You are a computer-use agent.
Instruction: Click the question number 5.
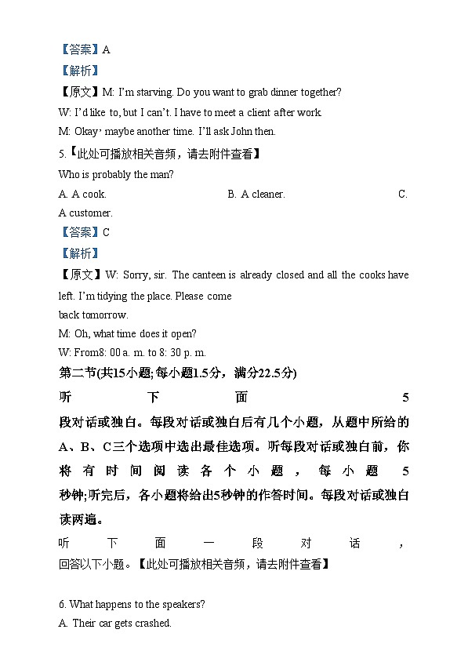click(61, 155)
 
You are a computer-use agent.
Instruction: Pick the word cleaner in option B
click(268, 194)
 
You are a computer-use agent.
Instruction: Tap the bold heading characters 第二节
click(75, 372)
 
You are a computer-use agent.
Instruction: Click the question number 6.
click(62, 604)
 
